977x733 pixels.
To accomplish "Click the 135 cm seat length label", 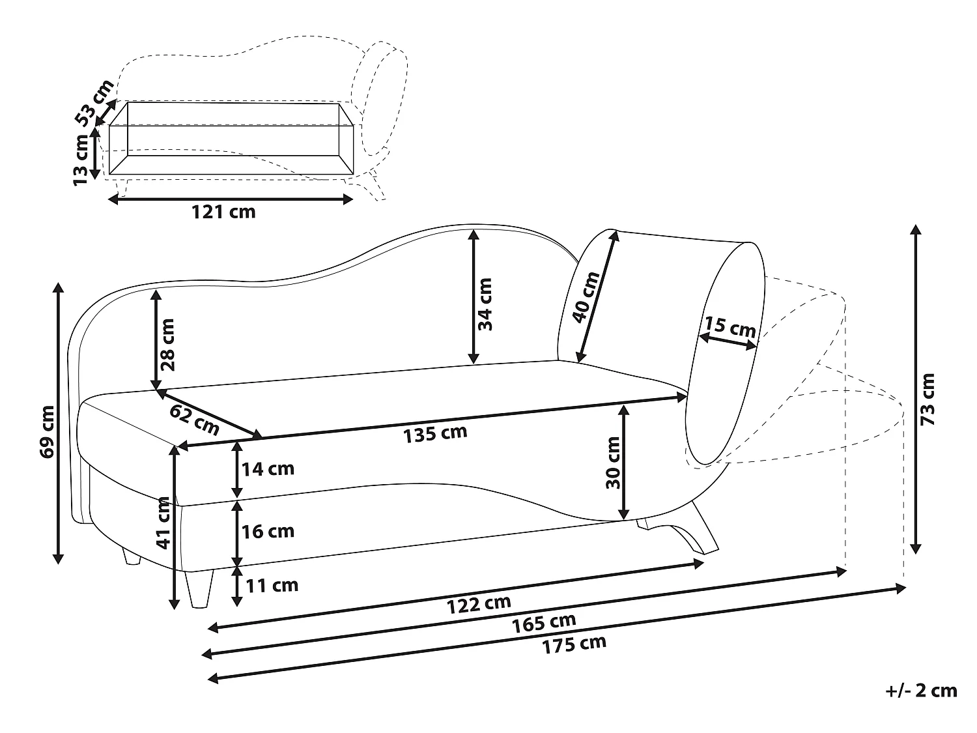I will point(435,433).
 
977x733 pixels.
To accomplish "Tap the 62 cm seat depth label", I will point(194,419).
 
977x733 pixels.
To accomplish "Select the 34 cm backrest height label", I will point(485,304).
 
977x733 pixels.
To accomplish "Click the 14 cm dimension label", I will point(268,468).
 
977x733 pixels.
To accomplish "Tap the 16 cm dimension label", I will point(268,531).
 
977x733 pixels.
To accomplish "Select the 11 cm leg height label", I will point(272,585).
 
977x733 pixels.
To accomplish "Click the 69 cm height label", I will point(48,431).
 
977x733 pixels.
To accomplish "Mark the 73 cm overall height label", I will point(929,399).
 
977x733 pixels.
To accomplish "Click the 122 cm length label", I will point(478,604).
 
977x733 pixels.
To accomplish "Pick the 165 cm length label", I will point(543,624).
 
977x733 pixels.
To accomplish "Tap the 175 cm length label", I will point(574,644).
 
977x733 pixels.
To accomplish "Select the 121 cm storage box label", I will point(223,212).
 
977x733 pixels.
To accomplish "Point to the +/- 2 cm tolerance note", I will point(921,691).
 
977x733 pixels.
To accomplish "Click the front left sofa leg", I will point(199,588).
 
